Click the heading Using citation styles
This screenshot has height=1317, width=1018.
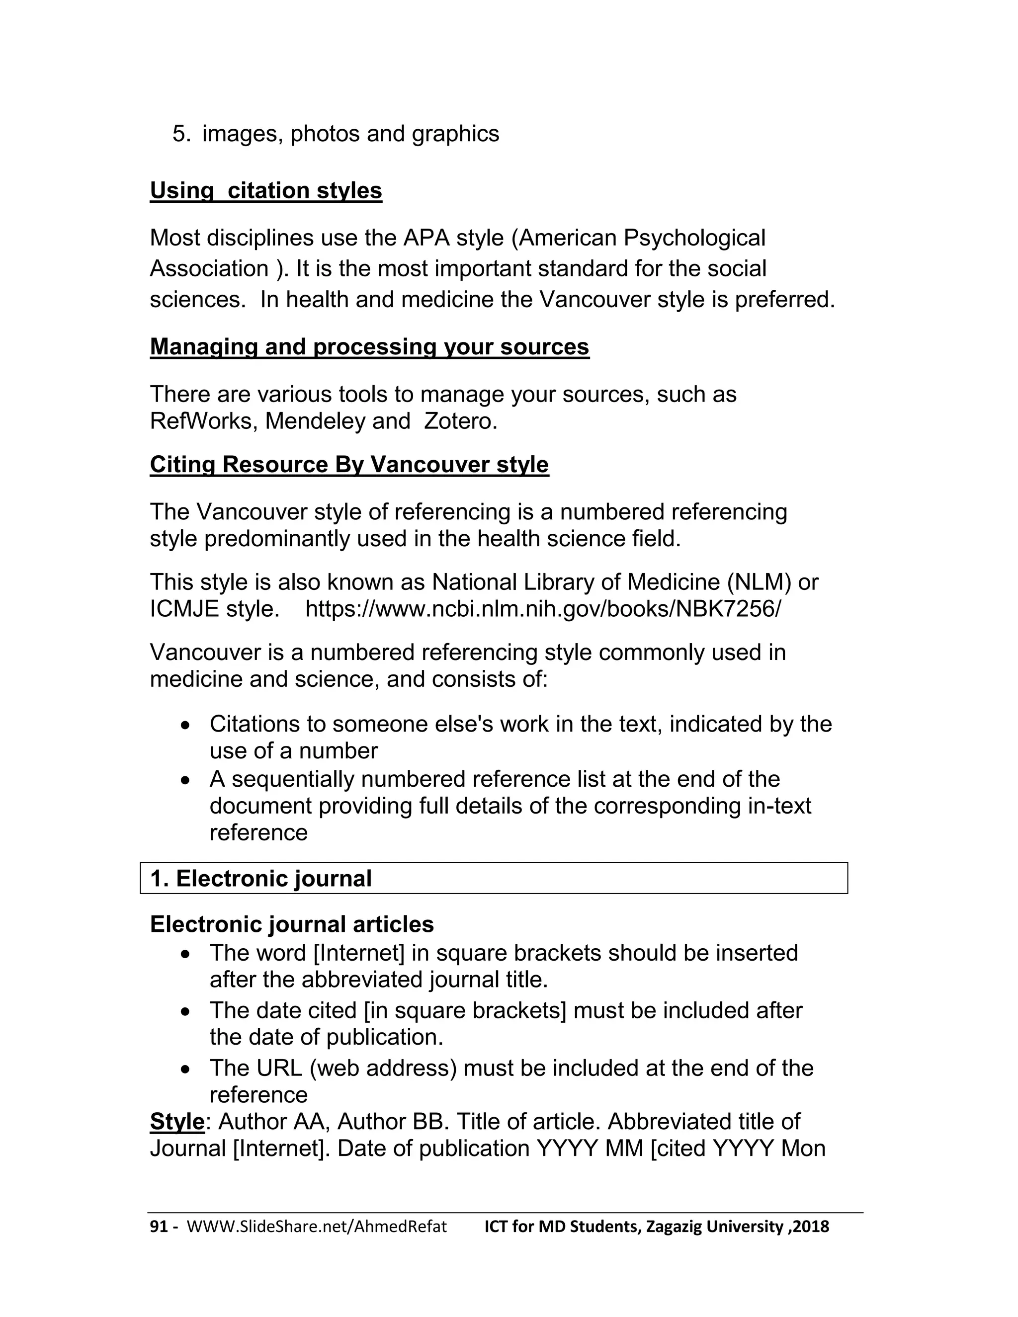[265, 190]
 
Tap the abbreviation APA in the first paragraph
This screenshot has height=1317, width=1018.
[426, 238]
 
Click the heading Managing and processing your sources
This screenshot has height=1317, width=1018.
[369, 347]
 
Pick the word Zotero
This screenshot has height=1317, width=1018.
[460, 421]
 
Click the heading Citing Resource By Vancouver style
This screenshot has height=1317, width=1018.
[349, 464]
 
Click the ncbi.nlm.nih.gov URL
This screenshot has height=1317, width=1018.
[542, 609]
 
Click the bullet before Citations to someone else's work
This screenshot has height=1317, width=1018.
[186, 725]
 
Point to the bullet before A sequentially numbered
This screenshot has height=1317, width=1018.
[186, 780]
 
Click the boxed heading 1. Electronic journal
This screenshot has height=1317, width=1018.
[260, 879]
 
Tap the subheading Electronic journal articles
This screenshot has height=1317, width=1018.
[292, 924]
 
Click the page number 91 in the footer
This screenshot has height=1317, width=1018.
[158, 1227]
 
